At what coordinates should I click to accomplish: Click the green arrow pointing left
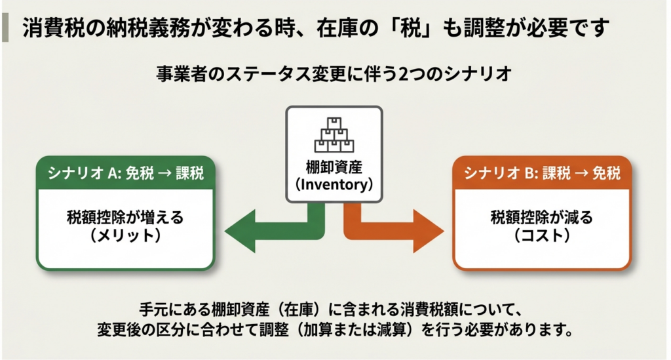262,231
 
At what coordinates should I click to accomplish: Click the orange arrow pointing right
406,231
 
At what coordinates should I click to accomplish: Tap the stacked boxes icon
334,134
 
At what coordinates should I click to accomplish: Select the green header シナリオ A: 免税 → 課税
125,172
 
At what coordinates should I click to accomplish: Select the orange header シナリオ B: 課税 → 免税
542,172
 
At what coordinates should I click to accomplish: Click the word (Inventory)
334,185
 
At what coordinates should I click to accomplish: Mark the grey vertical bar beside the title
6,27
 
